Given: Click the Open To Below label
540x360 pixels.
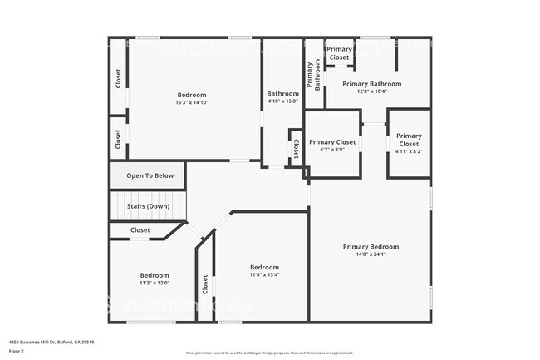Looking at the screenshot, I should [x=150, y=175].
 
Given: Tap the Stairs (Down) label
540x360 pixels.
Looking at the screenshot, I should [x=148, y=205].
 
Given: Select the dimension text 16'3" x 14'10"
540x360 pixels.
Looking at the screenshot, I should [x=191, y=103].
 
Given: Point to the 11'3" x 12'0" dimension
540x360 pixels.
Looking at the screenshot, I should [x=155, y=283].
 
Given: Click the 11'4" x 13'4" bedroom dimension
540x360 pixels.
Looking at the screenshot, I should [x=265, y=274].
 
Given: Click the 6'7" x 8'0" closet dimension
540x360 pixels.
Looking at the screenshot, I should [x=332, y=150].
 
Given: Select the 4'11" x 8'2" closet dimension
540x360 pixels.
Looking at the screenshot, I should [x=409, y=150].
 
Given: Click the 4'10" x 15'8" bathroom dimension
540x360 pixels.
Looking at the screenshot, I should [x=282, y=102].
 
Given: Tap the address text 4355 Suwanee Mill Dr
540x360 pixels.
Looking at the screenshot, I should [x=52, y=342].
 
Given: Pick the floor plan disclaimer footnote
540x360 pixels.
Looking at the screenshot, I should [x=270, y=353].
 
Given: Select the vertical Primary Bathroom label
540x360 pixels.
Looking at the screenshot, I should [x=314, y=76].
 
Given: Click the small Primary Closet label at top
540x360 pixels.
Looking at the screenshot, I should [x=339, y=53].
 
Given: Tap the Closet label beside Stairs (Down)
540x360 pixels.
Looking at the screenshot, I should [x=140, y=230].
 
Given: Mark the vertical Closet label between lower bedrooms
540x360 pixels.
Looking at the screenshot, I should [x=205, y=284].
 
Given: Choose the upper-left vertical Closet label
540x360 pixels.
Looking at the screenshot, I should [x=118, y=78].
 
